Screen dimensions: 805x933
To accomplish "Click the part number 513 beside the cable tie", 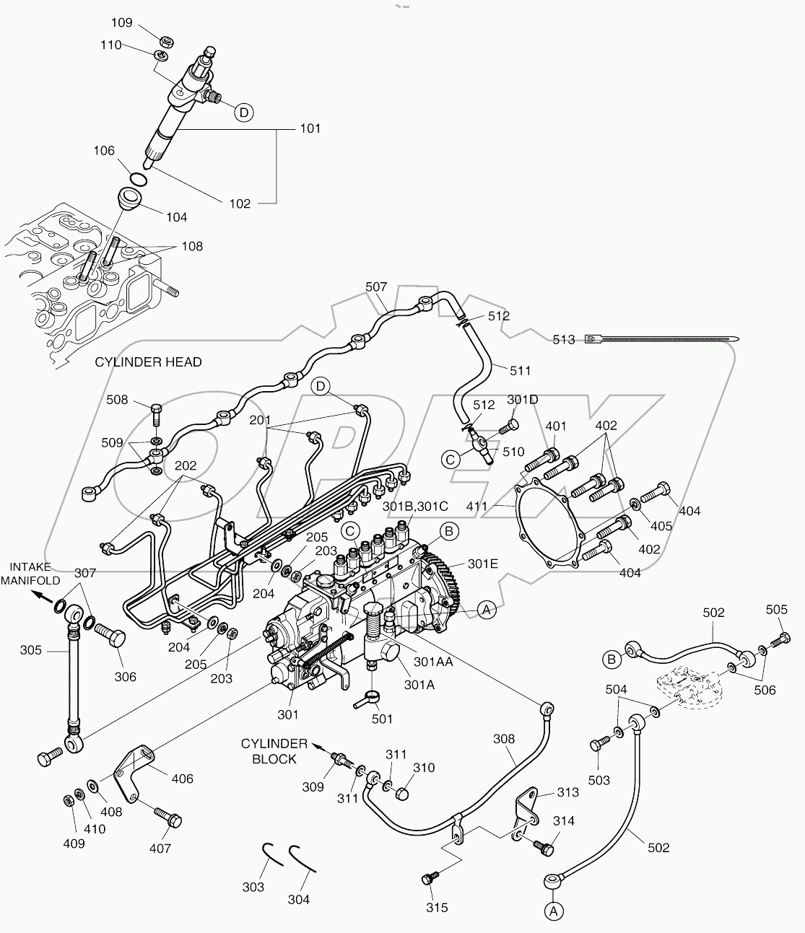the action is coord(563,339).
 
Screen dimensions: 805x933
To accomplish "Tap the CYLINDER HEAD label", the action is coord(148,362).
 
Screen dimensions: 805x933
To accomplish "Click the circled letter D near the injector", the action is coord(244,113).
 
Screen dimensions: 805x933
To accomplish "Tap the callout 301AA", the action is coord(435,661).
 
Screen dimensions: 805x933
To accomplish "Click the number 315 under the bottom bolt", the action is coord(437,907).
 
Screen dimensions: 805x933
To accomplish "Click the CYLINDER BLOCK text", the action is coord(274,751).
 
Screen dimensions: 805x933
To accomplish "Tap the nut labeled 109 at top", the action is coord(164,40).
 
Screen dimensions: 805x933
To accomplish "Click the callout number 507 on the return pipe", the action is coord(376,286).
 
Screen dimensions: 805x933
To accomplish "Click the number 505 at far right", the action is coord(776,610).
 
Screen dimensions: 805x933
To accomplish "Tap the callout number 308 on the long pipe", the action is coord(504,738).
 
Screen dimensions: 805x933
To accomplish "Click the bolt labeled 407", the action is coord(168,818).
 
